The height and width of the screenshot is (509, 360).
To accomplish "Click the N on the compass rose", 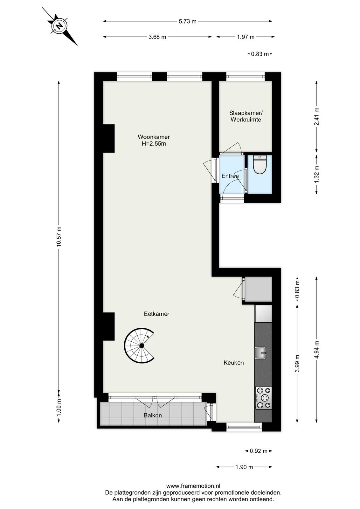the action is [x=59, y=26].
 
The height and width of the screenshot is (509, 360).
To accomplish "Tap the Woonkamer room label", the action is [x=154, y=137].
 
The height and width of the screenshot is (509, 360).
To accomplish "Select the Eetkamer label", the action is [x=156, y=314].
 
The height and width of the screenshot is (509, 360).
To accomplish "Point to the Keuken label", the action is [x=233, y=363].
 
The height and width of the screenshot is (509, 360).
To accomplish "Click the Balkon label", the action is [x=153, y=415].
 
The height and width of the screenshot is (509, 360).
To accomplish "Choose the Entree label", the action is [x=230, y=176].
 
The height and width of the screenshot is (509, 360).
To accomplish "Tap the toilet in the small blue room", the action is [x=260, y=164].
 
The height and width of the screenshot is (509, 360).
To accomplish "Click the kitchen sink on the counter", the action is [x=260, y=353].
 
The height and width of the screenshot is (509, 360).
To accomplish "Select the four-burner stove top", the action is [x=263, y=398].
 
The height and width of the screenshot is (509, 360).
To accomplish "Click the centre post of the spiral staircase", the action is [x=142, y=345].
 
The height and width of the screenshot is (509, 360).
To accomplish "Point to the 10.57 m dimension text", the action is [x=59, y=236].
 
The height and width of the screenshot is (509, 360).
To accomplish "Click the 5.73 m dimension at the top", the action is [x=187, y=22].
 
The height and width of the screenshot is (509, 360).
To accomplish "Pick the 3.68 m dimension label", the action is [x=157, y=37].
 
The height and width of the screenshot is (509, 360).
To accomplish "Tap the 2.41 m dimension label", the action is [x=317, y=116].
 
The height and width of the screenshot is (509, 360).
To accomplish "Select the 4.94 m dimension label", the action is [x=317, y=350].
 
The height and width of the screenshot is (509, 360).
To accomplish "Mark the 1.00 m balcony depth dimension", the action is [x=59, y=407].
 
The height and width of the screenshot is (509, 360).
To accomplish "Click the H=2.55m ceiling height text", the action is [x=154, y=143].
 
